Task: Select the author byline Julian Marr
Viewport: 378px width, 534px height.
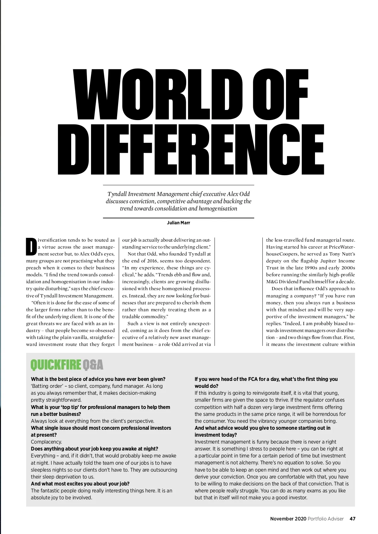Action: tap(178, 223)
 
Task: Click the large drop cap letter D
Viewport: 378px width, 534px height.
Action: tap(31, 246)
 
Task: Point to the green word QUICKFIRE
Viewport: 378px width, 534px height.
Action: tap(55, 365)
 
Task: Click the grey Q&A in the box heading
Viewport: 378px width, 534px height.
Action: tap(93, 365)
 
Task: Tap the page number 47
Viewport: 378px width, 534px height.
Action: tap(352, 519)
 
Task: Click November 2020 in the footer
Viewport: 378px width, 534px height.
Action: tap(288, 519)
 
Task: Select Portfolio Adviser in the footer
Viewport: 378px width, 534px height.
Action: tap(326, 519)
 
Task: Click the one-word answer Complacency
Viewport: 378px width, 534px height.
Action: tap(46, 442)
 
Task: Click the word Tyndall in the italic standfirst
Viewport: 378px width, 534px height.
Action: tap(117, 194)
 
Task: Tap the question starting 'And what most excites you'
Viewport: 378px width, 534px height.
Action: tap(80, 484)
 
